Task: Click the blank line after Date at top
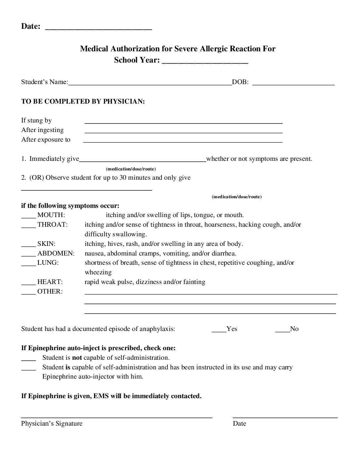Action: pyautogui.click(x=98, y=28)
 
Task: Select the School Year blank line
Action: pyautogui.click(x=205, y=62)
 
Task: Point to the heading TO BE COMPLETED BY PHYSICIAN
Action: pyautogui.click(x=83, y=101)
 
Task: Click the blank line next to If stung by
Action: pyautogui.click(x=184, y=122)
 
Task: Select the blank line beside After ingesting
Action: pyautogui.click(x=184, y=131)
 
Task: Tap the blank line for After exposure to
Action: pyautogui.click(x=183, y=141)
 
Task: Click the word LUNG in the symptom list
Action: pyautogui.click(x=48, y=263)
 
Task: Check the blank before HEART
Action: pyautogui.click(x=28, y=284)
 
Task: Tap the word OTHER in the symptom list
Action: pyautogui.click(x=50, y=292)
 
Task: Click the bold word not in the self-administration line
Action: pyautogui.click(x=77, y=358)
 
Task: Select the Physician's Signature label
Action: pyautogui.click(x=52, y=424)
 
